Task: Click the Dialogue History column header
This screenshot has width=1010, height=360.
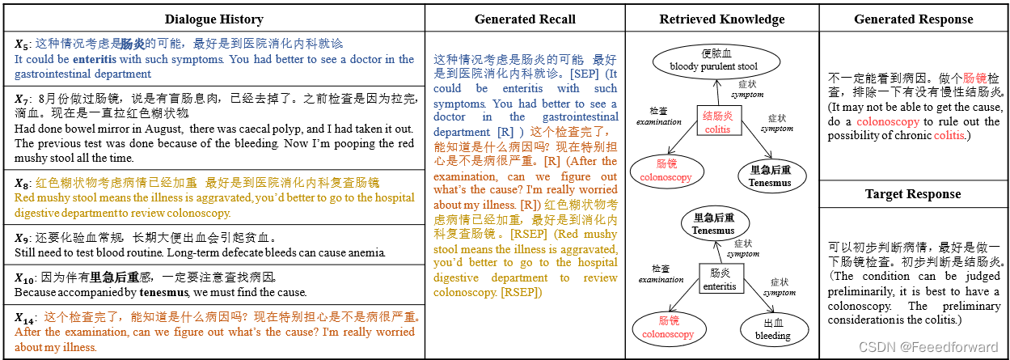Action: point(213,19)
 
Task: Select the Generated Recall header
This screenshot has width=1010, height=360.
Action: point(525,19)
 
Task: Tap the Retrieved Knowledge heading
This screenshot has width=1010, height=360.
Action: point(721,19)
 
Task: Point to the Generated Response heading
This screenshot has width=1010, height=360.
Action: point(914,19)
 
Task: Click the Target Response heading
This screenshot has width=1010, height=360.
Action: point(913,194)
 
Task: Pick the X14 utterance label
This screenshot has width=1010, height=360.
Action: point(25,318)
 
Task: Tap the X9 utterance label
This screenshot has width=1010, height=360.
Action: point(22,239)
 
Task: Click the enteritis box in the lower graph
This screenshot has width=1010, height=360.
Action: point(719,280)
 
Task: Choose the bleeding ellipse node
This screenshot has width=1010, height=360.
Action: point(772,329)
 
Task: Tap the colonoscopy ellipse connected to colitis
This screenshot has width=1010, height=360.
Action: point(666,172)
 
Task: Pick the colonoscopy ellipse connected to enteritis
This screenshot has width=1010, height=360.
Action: point(667,328)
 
